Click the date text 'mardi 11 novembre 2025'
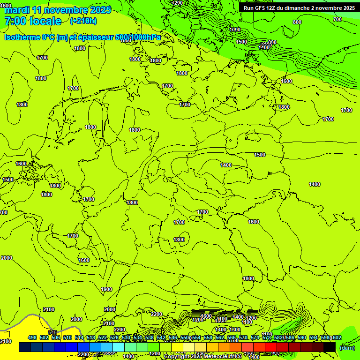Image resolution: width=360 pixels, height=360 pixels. (x=58, y=10)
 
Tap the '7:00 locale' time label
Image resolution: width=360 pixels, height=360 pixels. (x=33, y=21)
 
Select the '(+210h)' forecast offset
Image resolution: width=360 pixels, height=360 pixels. (x=83, y=21)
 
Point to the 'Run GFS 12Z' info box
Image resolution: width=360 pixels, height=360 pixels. (x=299, y=8)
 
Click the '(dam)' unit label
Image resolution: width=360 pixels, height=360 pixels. (x=347, y=348)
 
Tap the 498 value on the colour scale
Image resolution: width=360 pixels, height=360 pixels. (x=32, y=338)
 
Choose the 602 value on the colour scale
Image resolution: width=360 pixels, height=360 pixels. (x=337, y=338)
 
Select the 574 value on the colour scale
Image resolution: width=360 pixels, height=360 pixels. (x=255, y=338)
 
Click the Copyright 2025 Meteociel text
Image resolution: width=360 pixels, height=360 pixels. (x=203, y=357)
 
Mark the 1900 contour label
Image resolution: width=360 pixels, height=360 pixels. (x=106, y=289)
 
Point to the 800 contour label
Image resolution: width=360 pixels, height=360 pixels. (x=297, y=22)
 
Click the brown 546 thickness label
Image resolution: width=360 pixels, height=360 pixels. (x=52, y=332)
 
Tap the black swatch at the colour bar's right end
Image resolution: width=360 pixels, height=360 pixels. (x=330, y=347)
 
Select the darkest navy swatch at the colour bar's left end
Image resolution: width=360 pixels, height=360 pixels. (x=25, y=347)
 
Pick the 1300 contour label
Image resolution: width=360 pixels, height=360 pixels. (x=235, y=330)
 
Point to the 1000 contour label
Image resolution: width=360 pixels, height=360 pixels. (x=235, y=30)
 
